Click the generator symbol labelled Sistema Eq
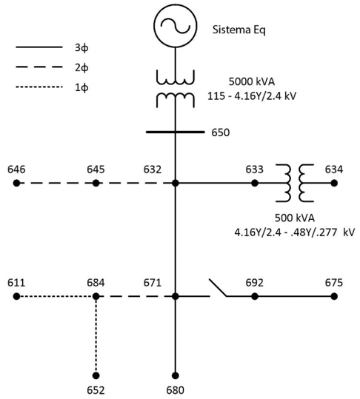175,25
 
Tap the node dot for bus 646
16,183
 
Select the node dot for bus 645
96,183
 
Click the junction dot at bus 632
175,183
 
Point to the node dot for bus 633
255,183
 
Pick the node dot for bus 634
334,183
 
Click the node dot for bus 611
16,296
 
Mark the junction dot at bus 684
96,296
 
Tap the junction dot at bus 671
175,296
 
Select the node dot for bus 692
255,296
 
